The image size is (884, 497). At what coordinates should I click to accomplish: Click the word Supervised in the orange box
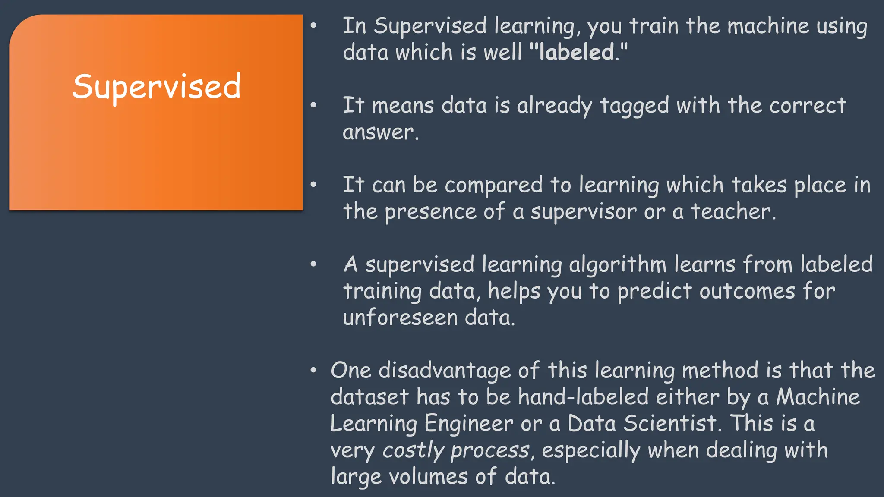156,87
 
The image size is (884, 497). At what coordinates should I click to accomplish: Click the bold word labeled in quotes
577,52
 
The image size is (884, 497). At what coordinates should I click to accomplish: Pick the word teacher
731,212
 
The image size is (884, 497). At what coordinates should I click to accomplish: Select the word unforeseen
400,318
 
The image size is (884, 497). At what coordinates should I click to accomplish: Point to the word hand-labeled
583,397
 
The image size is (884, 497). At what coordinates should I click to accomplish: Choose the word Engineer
469,424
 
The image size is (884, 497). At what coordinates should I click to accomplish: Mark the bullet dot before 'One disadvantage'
314,371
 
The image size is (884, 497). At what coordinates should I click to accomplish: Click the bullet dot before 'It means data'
314,105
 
